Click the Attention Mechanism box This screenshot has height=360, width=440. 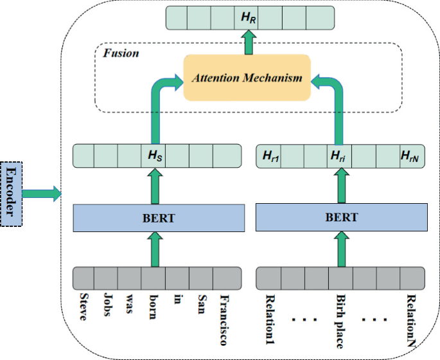247,78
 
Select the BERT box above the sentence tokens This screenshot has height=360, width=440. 158,219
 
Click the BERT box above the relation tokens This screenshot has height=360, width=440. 341,219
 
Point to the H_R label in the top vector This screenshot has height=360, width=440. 247,17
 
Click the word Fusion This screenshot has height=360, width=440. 121,53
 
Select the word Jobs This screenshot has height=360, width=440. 106,307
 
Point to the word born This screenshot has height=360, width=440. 153,307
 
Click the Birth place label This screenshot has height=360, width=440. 340,319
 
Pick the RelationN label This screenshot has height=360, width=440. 410,319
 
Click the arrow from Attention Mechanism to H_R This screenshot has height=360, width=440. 247,43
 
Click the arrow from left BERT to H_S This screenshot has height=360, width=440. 154,187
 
